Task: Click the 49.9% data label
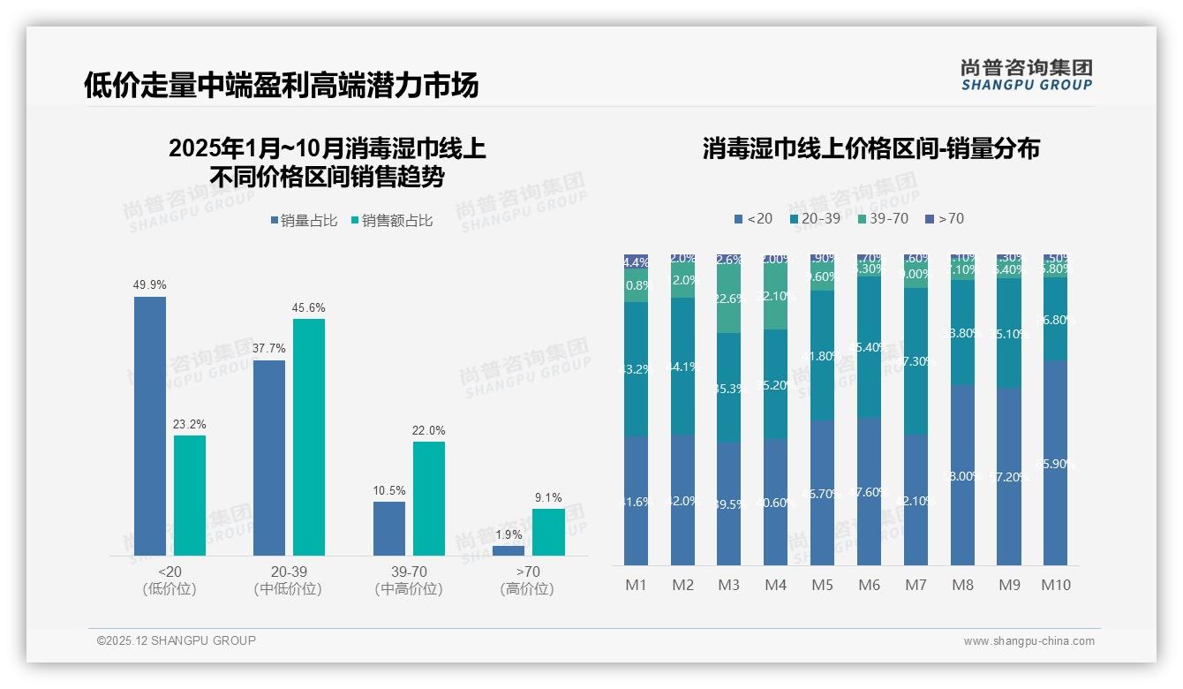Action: click(x=149, y=285)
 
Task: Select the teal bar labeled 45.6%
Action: click(x=308, y=436)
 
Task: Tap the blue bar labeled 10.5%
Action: click(x=388, y=528)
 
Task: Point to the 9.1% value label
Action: click(x=548, y=498)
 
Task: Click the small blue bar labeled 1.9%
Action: click(x=508, y=550)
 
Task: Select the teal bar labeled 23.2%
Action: click(x=189, y=495)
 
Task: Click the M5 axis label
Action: click(x=822, y=585)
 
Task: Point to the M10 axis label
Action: click(x=1055, y=585)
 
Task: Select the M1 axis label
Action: click(x=636, y=585)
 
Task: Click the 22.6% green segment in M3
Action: click(x=728, y=299)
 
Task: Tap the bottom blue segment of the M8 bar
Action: click(x=962, y=475)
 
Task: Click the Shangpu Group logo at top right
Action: click(x=1026, y=74)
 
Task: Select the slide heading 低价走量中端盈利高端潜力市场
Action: click(x=281, y=85)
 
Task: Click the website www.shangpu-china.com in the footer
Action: click(x=1029, y=641)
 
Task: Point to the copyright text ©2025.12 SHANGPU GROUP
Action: click(x=176, y=640)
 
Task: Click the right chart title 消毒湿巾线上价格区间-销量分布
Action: click(x=870, y=148)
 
